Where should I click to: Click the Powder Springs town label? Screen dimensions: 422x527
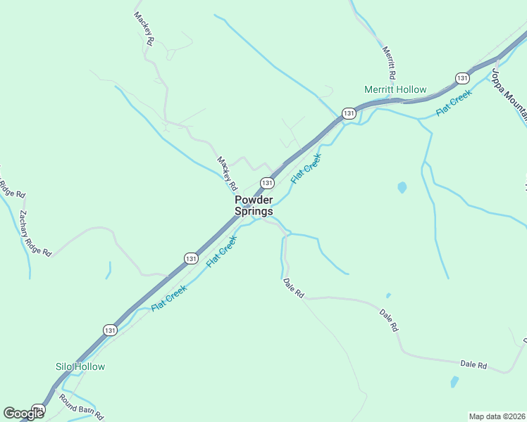pyautogui.click(x=254, y=205)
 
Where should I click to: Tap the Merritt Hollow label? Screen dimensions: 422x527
pyautogui.click(x=395, y=89)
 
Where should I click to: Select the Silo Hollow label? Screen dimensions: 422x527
pyautogui.click(x=80, y=366)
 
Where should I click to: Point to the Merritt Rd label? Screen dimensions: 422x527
pyautogui.click(x=389, y=62)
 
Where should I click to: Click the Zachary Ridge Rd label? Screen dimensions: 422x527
pyautogui.click(x=36, y=233)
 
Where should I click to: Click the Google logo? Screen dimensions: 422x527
pyautogui.click(x=23, y=414)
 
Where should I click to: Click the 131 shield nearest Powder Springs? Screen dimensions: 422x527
pyautogui.click(x=266, y=183)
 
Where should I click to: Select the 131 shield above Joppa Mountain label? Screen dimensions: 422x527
pyautogui.click(x=462, y=77)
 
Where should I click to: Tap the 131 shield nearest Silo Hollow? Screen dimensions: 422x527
pyautogui.click(x=109, y=329)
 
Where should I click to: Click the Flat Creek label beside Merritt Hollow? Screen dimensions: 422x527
pyautogui.click(x=453, y=103)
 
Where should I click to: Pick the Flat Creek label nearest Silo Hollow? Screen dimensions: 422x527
pyautogui.click(x=168, y=299)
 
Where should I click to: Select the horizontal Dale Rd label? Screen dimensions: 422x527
pyautogui.click(x=473, y=364)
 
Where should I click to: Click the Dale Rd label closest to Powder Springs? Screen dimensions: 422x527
pyautogui.click(x=293, y=286)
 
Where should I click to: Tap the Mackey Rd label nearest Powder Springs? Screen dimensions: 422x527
pyautogui.click(x=226, y=174)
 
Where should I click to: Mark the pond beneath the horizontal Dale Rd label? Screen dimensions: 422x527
pyautogui.click(x=454, y=383)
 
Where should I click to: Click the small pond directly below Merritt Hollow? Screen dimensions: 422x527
pyautogui.click(x=402, y=188)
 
